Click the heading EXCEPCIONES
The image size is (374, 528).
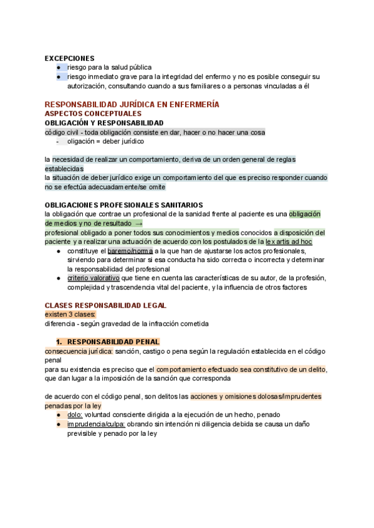click(x=69, y=58)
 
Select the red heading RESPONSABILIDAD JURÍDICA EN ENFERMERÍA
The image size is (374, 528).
click(x=132, y=105)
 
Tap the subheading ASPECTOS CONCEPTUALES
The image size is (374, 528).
click(x=93, y=114)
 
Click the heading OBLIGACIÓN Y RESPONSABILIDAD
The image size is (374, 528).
click(x=104, y=123)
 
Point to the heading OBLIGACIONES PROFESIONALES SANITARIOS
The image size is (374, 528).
click(x=123, y=205)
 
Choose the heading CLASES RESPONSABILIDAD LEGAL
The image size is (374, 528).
click(x=105, y=306)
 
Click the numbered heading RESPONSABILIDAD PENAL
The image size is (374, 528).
click(x=113, y=342)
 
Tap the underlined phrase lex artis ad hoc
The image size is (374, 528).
click(x=289, y=242)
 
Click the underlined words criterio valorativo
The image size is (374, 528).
click(x=93, y=278)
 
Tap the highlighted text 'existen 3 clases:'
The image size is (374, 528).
click(x=70, y=315)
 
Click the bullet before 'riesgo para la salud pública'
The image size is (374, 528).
click(x=58, y=67)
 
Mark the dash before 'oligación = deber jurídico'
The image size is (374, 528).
click(x=57, y=141)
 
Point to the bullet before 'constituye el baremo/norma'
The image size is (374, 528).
click(x=58, y=251)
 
